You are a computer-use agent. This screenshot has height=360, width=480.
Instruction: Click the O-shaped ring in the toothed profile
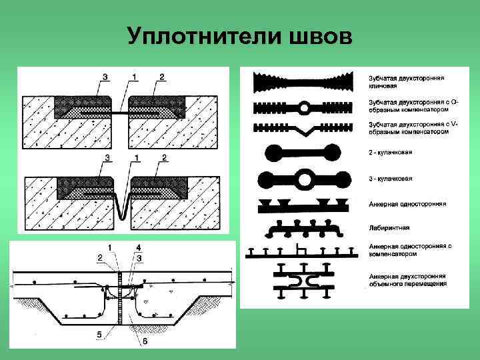[304, 107]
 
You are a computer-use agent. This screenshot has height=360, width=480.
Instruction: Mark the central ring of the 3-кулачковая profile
[304, 179]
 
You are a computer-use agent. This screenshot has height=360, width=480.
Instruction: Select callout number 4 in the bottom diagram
[138, 248]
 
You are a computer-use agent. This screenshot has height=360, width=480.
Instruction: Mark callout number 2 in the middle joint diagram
[163, 157]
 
